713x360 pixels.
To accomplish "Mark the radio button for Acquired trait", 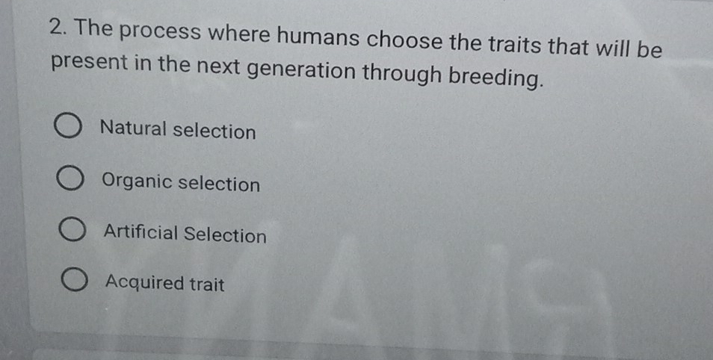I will tap(75, 282).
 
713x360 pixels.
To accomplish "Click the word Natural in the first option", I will tap(132, 130).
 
